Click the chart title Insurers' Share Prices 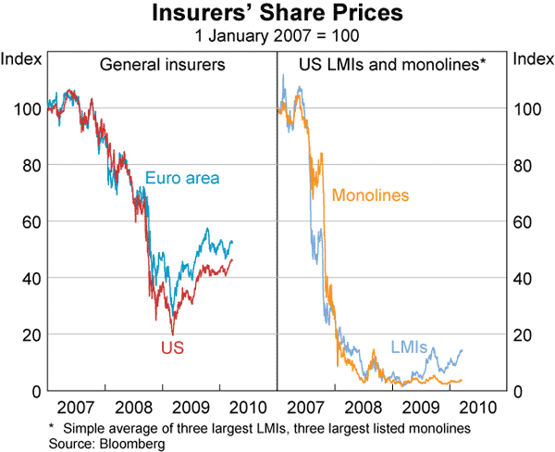coord(277,16)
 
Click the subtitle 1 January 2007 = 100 coord(277,37)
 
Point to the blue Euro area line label coord(182,178)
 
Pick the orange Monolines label coord(370,195)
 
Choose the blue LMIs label coord(408,347)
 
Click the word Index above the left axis coord(19,59)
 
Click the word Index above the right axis coord(533,59)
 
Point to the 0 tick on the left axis coord(36,391)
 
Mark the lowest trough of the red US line coord(172,333)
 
